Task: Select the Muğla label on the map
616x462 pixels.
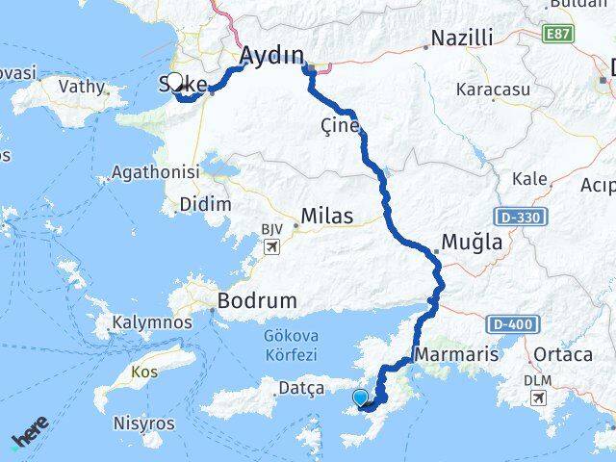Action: pyautogui.click(x=471, y=243)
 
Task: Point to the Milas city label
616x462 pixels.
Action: pyautogui.click(x=326, y=216)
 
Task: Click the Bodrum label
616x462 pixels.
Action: pyautogui.click(x=257, y=300)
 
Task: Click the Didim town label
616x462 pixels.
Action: pyautogui.click(x=205, y=204)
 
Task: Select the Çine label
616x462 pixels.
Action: pyautogui.click(x=341, y=126)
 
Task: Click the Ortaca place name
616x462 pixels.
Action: pyautogui.click(x=564, y=354)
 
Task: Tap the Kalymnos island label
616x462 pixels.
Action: pyautogui.click(x=151, y=322)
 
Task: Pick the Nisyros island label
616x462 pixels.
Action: pyautogui.click(x=144, y=423)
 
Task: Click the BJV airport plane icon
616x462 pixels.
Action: pyautogui.click(x=271, y=248)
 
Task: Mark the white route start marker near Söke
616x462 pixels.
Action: pyautogui.click(x=175, y=82)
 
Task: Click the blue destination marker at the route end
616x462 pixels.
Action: pyautogui.click(x=360, y=398)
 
